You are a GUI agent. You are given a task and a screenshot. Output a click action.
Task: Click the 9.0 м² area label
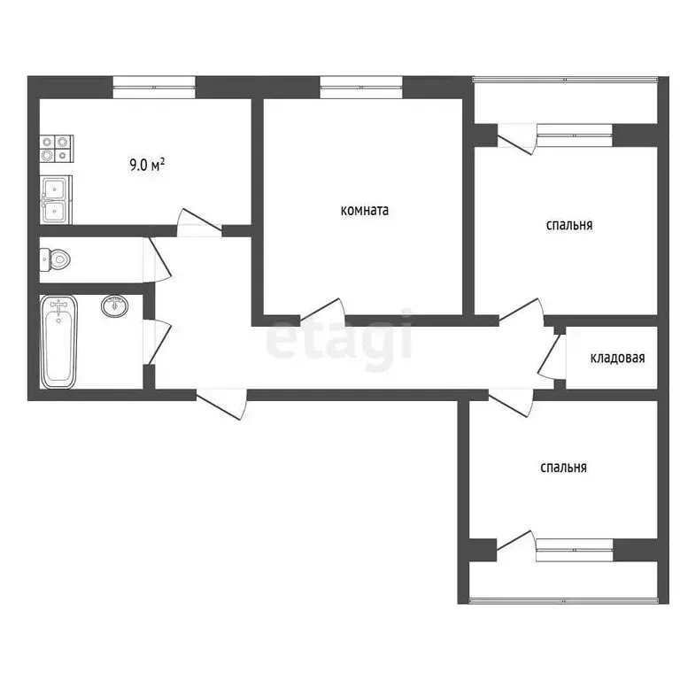[148, 164]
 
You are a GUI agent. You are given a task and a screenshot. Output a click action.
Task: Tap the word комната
[365, 211]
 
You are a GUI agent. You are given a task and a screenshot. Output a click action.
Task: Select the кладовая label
[617, 359]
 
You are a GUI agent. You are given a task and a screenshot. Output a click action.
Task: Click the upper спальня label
[568, 225]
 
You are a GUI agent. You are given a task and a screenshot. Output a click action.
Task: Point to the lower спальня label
[563, 467]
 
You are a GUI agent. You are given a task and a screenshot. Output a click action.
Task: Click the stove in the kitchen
[55, 149]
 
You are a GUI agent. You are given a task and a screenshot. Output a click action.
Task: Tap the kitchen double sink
[55, 198]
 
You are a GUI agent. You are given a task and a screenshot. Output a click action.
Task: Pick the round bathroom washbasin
[113, 306]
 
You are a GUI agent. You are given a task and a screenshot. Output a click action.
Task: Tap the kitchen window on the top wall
[153, 86]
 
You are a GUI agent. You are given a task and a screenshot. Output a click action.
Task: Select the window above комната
[360, 86]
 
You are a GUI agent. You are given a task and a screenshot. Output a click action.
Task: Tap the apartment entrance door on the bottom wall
[221, 403]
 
